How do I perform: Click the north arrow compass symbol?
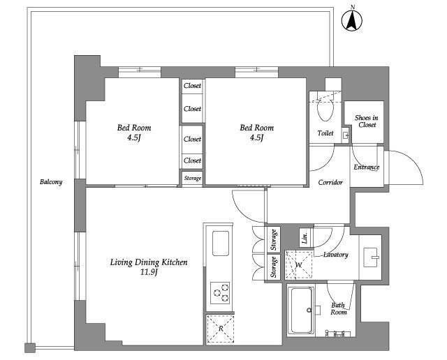pos(352,20)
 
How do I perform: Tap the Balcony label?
pos(51,182)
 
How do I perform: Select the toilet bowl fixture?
pos(325,110)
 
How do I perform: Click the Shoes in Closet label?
pos(367,121)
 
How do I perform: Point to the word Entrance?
pos(366,167)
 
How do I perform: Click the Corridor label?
pos(330,182)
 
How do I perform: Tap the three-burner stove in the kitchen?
pos(221,292)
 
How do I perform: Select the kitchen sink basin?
pos(221,243)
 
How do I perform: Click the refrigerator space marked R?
pos(220,329)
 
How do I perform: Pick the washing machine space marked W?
pos(299,265)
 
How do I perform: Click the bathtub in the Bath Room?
pos(301,310)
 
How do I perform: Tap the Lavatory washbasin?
pos(371,257)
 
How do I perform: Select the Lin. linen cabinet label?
pos(305,237)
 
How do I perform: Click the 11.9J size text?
pos(149,272)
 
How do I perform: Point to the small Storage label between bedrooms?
pos(193,179)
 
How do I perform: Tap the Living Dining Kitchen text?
pos(149,262)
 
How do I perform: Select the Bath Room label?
pos(339,309)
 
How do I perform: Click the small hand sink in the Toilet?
pos(346,135)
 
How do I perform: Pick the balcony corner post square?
pos(30,348)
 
